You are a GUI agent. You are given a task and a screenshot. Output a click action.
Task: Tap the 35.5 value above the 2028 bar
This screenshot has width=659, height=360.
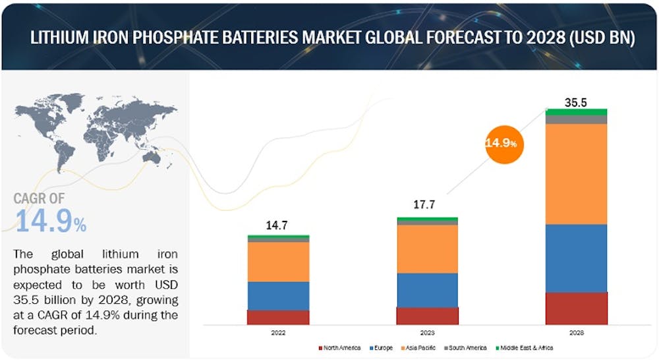tap(576, 102)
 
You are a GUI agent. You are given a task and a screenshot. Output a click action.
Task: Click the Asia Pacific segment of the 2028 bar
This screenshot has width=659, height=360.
tap(576, 174)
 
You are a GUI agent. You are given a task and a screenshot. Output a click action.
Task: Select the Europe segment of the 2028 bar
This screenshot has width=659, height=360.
tap(576, 258)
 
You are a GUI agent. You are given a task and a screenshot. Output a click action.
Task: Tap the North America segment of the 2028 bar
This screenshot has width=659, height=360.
tap(576, 308)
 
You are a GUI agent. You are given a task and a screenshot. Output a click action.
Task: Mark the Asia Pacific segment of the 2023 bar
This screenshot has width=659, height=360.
tap(427, 249)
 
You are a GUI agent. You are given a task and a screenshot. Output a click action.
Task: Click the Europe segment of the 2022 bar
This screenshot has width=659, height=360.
tap(278, 295)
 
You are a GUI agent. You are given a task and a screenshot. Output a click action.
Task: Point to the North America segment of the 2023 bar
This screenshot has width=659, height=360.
tap(427, 316)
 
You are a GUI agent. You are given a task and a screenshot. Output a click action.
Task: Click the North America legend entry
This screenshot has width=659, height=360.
tap(341, 347)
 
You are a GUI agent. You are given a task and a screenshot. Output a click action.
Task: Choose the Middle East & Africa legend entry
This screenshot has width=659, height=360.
tap(525, 347)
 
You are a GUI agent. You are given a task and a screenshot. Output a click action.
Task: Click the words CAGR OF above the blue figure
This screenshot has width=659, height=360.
tap(40, 198)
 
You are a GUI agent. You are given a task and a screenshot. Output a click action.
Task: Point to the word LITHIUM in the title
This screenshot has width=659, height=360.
tap(60, 39)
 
